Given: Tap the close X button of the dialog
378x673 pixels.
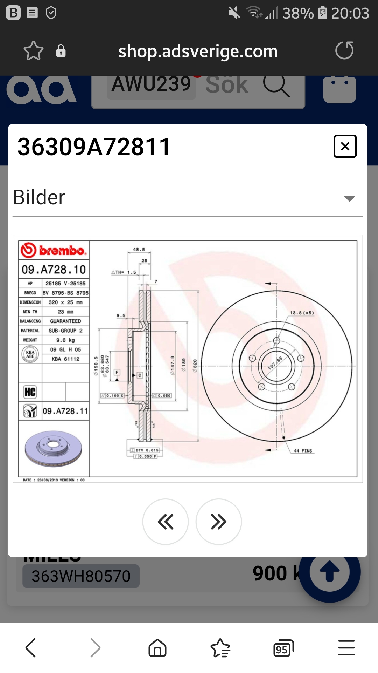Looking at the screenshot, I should click(345, 146).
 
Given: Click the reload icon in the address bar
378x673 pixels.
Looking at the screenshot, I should click(344, 50).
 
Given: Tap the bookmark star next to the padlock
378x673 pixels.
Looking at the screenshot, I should click(33, 51).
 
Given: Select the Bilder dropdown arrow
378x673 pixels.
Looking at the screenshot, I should click(349, 199).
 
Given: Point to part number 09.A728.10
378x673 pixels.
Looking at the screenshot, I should click(54, 270).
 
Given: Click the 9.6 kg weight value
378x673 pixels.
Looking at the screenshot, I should click(65, 340).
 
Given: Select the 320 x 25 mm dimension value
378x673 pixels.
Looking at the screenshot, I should click(65, 302).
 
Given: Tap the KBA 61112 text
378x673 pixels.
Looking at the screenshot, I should click(65, 359).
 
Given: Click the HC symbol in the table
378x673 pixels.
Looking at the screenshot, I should click(30, 392).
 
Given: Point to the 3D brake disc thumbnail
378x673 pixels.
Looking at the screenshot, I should click(53, 449).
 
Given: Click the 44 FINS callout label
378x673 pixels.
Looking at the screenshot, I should click(303, 451).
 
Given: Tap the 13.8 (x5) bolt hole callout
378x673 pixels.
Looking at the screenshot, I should click(302, 313).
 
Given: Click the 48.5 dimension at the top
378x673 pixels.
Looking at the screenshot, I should click(139, 250).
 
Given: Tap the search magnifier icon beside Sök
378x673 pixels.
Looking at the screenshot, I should click(276, 86).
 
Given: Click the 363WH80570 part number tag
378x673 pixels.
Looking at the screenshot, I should click(81, 576).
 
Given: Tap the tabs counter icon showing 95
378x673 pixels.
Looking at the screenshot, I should click(283, 648).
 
